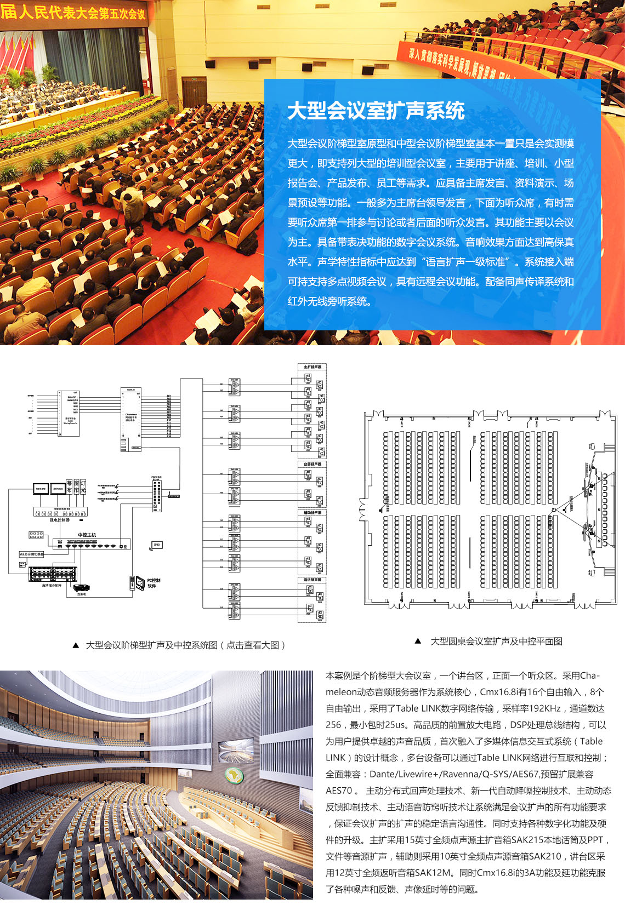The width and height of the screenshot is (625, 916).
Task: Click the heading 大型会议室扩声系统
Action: [376, 111]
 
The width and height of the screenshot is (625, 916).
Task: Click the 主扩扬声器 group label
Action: [312, 367]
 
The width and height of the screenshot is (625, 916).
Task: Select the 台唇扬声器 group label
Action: [312, 464]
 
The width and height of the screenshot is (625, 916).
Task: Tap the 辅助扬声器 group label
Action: [312, 513]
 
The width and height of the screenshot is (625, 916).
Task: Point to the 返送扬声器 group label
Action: [312, 580]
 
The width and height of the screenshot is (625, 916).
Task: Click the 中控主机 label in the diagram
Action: [87, 535]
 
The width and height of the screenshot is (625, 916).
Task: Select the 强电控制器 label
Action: [60, 520]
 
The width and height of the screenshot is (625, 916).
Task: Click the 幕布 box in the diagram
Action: [69, 486]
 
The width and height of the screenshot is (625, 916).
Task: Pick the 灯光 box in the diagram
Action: [83, 486]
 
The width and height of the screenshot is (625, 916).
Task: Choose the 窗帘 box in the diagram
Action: [76, 486]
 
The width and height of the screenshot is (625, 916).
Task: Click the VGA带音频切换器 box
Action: [31, 554]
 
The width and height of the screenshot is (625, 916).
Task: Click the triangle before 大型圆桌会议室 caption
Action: [418, 641]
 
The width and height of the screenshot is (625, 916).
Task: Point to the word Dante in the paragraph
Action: [382, 774]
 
